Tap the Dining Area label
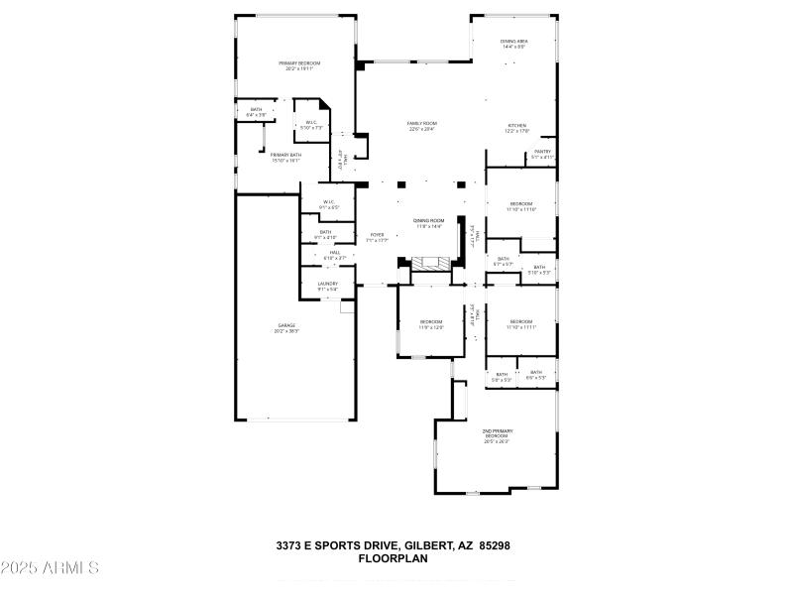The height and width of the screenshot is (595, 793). tap(513, 41)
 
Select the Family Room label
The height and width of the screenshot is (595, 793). tap(421, 123)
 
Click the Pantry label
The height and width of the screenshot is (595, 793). tap(542, 152)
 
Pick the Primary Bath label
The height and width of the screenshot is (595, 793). tap(286, 155)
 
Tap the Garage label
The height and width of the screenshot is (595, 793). tap(286, 325)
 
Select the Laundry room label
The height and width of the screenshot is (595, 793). tap(327, 284)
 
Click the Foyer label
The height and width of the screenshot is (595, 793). tap(377, 235)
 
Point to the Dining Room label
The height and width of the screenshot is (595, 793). tap(428, 220)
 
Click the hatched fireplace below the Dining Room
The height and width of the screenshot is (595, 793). tap(430, 264)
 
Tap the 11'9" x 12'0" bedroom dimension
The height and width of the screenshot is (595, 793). tap(431, 326)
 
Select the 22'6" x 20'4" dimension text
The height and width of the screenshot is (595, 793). tap(421, 129)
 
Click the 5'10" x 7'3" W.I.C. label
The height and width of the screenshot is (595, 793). tap(312, 125)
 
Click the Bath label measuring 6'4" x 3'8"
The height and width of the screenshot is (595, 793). tap(256, 112)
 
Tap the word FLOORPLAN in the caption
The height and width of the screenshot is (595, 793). tap(393, 559)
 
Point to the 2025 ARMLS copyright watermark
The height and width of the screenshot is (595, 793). tap(50, 568)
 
